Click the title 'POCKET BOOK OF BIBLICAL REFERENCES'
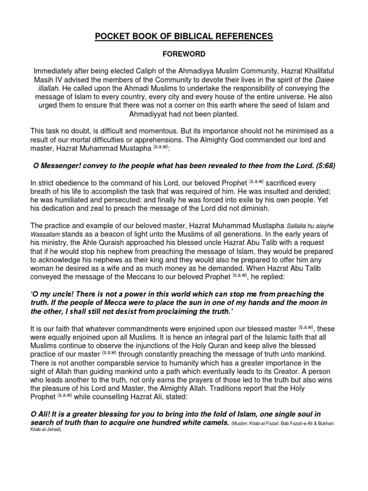184,36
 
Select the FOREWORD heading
184,55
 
